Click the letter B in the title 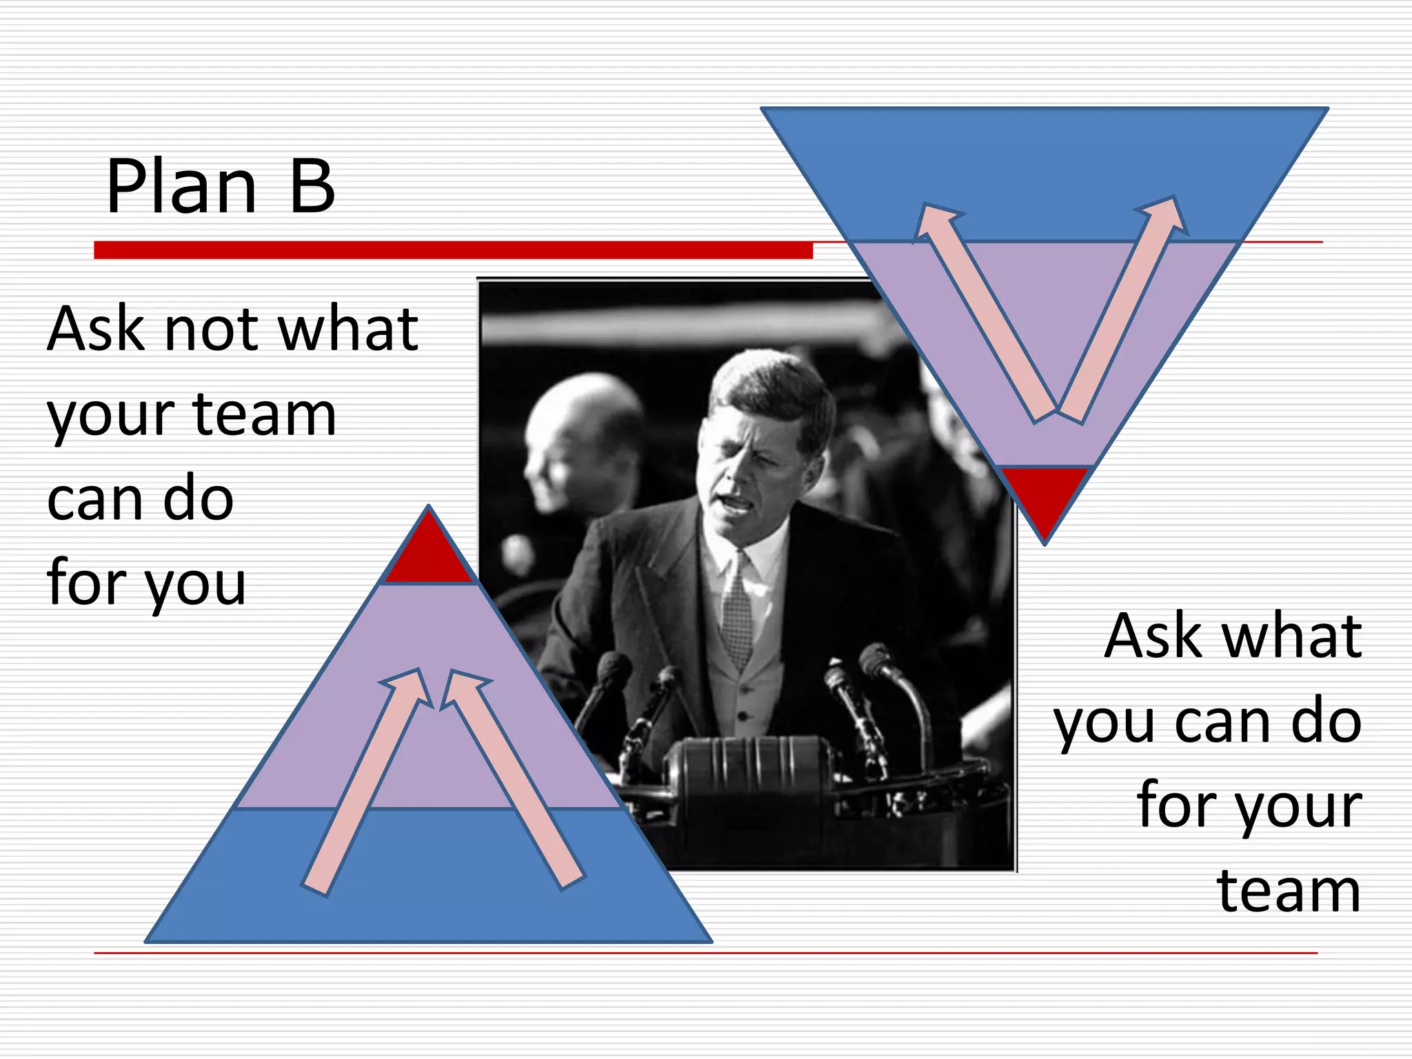(312, 186)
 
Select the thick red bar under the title (453, 250)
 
